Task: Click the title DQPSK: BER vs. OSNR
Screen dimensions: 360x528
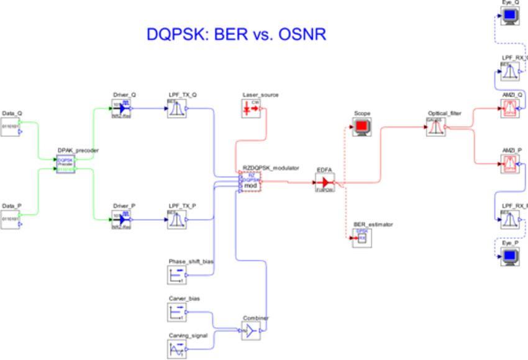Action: tap(236, 34)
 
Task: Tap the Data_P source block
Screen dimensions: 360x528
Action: tap(11, 219)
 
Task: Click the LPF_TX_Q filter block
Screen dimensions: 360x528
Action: tap(176, 109)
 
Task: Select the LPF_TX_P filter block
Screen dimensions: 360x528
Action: tap(176, 219)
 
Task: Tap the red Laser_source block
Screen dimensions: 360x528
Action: tap(251, 109)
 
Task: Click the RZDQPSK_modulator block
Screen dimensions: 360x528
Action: tap(251, 182)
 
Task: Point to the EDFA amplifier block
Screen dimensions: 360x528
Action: tap(325, 182)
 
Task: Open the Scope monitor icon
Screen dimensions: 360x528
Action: tap(362, 127)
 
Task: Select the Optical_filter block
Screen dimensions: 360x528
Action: tap(436, 127)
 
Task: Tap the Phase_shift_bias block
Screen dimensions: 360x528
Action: tap(176, 275)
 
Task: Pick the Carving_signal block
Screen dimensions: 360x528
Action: tap(176, 349)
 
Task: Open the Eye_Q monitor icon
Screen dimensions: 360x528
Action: tap(511, 16)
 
